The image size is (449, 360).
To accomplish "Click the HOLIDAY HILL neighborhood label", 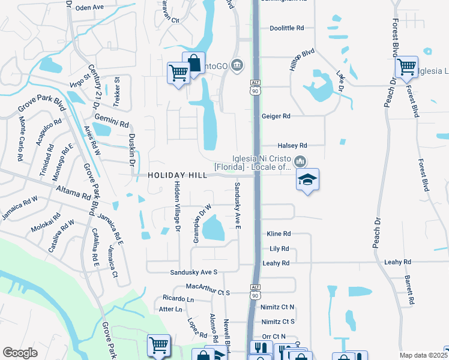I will [x=177, y=175].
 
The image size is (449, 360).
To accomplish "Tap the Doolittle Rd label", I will [x=287, y=28].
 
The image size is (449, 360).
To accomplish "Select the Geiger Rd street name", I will [x=276, y=116].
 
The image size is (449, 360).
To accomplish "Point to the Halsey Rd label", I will [x=292, y=145].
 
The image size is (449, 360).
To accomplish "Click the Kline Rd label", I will [x=279, y=233].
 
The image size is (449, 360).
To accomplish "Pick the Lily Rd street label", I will [x=279, y=248].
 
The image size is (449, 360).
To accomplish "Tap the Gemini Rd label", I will [x=115, y=124].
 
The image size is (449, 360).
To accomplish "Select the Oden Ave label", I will [x=90, y=7].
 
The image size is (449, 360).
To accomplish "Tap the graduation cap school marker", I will [x=307, y=179].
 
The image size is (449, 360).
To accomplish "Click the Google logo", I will [x=20, y=353].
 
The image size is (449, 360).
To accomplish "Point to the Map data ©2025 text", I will [x=424, y=355].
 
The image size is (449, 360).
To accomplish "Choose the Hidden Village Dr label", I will [x=177, y=206].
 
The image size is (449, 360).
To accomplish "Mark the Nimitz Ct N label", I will [x=278, y=307].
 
